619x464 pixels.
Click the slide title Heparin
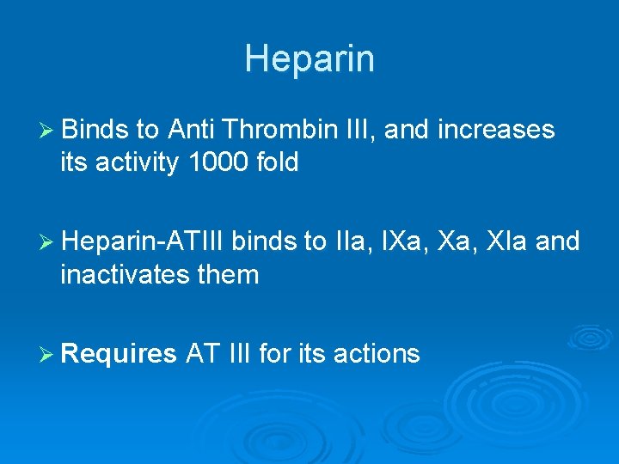pyautogui.click(x=309, y=59)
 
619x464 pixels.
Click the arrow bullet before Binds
pyautogui.click(x=48, y=131)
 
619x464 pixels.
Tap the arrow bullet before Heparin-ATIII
pyautogui.click(x=48, y=243)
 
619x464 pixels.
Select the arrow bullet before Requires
pyautogui.click(x=48, y=354)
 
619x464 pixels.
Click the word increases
pyautogui.click(x=496, y=131)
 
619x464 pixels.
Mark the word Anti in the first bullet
pyautogui.click(x=191, y=131)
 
